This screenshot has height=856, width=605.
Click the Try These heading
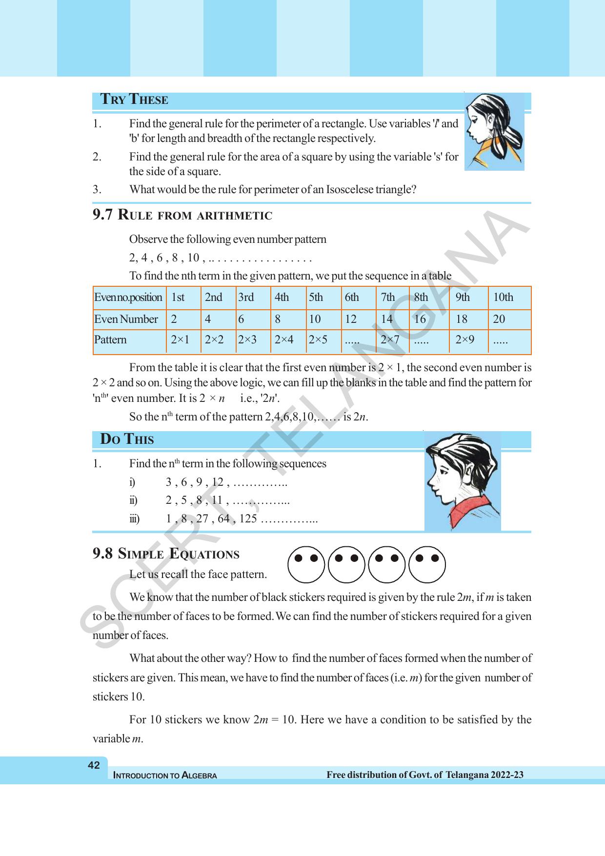(134, 100)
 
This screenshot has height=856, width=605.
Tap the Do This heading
(127, 439)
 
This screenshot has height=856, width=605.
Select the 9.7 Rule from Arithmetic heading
(182, 215)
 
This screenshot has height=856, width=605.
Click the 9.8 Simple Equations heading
(166, 554)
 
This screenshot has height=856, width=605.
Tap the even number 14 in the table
(387, 319)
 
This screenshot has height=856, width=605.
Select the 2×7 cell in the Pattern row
(390, 340)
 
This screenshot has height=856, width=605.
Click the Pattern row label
(110, 340)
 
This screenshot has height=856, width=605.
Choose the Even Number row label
(126, 319)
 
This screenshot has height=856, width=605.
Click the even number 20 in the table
(499, 319)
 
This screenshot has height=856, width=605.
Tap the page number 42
(94, 765)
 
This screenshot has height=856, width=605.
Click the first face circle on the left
(306, 565)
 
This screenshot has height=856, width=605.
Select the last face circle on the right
(427, 565)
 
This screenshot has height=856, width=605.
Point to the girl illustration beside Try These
(494, 131)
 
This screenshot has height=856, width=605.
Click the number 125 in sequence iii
(248, 519)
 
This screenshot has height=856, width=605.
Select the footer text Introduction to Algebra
(165, 776)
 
